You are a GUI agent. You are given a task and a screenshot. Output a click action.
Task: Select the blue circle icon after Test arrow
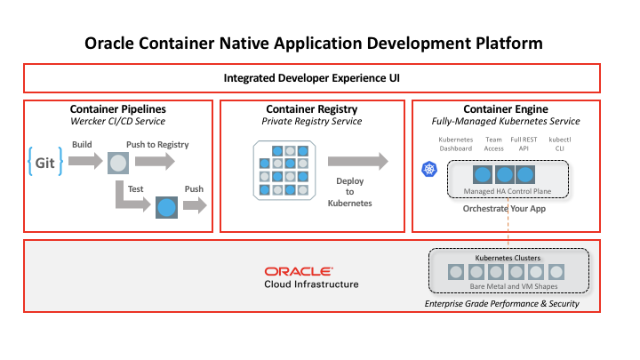pos(165,208)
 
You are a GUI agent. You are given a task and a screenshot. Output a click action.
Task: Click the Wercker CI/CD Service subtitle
pos(117,122)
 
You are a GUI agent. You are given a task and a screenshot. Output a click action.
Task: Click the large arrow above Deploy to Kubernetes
pos(357,162)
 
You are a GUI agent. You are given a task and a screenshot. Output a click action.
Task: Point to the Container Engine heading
pos(505,109)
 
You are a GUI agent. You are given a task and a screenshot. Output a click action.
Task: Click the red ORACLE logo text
pos(299,270)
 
